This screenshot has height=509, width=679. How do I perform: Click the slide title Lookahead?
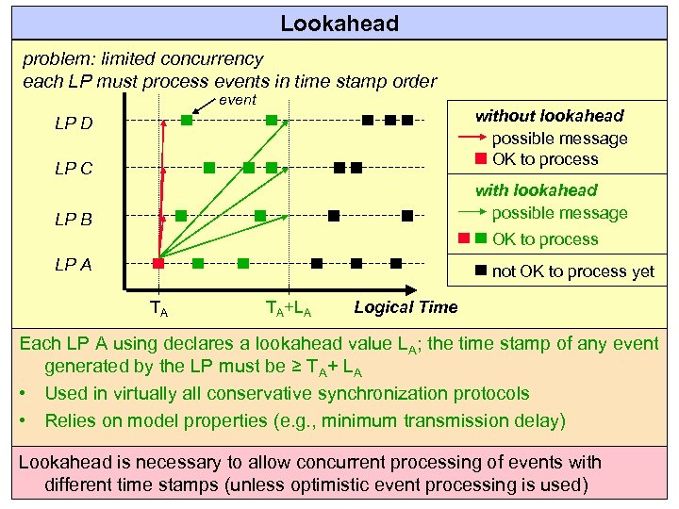339,23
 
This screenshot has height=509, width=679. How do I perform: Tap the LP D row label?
74,123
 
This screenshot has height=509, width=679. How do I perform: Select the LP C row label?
74,170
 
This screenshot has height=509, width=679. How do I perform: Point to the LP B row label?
74,220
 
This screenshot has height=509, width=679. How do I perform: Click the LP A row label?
74,264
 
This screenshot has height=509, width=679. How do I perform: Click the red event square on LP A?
158,263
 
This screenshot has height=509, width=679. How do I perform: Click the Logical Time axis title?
406,305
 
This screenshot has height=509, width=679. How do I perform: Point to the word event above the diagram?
237,100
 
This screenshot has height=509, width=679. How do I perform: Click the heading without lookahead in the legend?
549,116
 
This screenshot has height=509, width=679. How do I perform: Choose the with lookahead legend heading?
537,190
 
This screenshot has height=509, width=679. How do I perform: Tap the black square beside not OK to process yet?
480,271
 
